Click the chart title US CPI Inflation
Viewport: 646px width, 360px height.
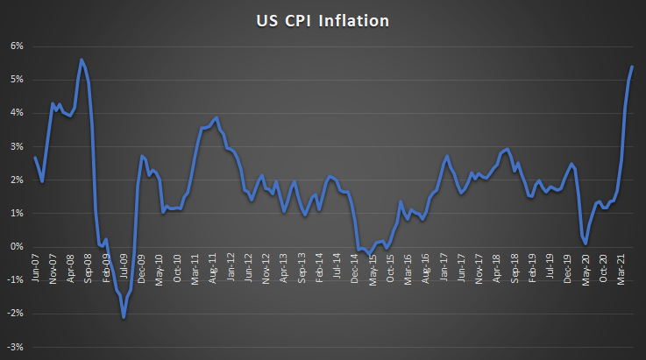[323, 20]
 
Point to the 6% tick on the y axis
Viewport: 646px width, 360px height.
[17, 46]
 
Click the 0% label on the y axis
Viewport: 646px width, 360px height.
[17, 247]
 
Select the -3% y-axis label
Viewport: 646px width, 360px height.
[15, 348]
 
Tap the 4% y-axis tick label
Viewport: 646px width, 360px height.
[17, 113]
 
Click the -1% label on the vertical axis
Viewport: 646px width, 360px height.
[15, 280]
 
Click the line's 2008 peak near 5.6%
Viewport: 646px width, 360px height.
[82, 60]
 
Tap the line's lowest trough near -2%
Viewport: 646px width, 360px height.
[124, 317]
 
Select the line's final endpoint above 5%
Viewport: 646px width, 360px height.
[633, 67]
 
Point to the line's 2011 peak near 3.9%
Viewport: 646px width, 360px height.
[217, 116]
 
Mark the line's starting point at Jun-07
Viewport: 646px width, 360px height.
[35, 158]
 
